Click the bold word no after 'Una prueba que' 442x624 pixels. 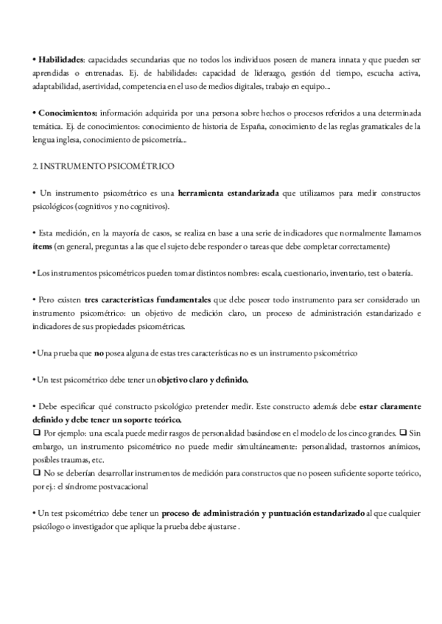pyautogui.click(x=98, y=353)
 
